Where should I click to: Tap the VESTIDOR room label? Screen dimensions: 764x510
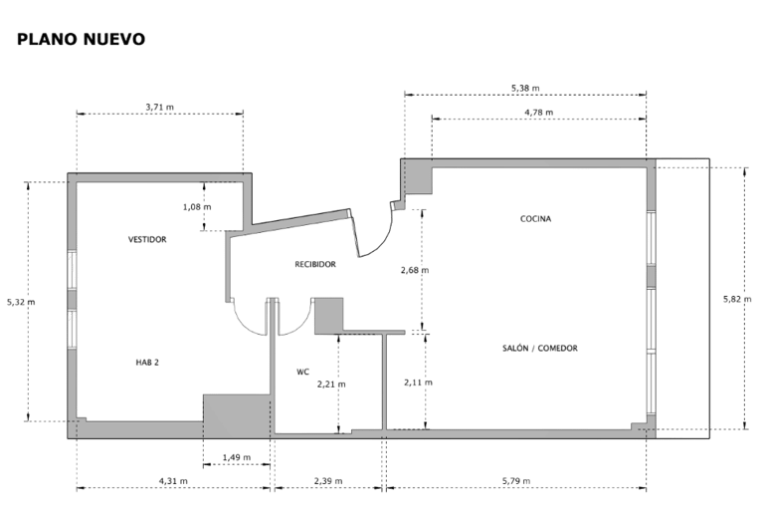click(146, 239)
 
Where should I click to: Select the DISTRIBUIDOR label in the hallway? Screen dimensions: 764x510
click(316, 265)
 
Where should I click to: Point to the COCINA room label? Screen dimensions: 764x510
click(535, 217)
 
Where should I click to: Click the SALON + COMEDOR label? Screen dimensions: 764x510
click(540, 349)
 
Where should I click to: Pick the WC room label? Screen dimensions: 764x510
click(302, 373)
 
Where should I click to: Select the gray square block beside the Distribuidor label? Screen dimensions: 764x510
click(328, 315)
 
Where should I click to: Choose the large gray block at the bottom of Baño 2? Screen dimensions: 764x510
click(238, 414)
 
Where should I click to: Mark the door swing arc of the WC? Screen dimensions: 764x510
click(294, 324)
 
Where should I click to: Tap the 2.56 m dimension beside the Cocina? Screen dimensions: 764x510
click(414, 270)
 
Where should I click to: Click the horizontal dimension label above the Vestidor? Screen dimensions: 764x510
click(158, 107)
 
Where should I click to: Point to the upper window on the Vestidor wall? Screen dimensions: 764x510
click(71, 271)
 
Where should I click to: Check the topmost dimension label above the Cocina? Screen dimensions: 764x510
click(524, 88)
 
